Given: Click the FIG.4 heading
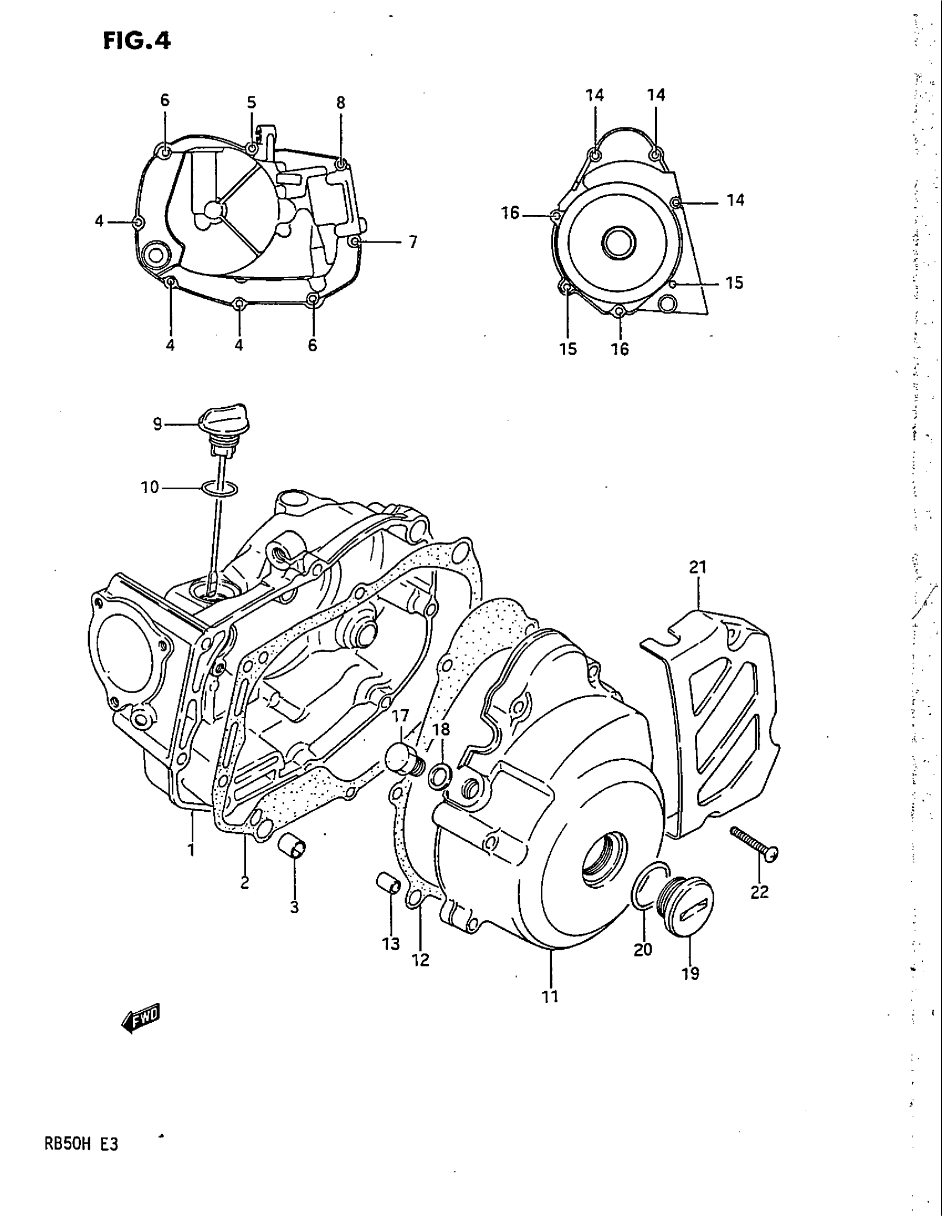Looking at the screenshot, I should coord(136,42).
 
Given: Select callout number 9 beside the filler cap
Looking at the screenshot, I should coord(157,425).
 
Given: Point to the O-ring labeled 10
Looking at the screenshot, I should coord(220,488).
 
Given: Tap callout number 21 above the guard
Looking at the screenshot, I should coord(698,567).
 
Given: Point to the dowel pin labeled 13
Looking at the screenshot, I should coord(388,885).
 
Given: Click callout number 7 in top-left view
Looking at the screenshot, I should coord(413,243).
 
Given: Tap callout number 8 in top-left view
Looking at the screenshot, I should coord(340,103).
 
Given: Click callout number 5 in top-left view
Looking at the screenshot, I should coord(252,103).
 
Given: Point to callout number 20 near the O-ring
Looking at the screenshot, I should coord(643,949).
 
